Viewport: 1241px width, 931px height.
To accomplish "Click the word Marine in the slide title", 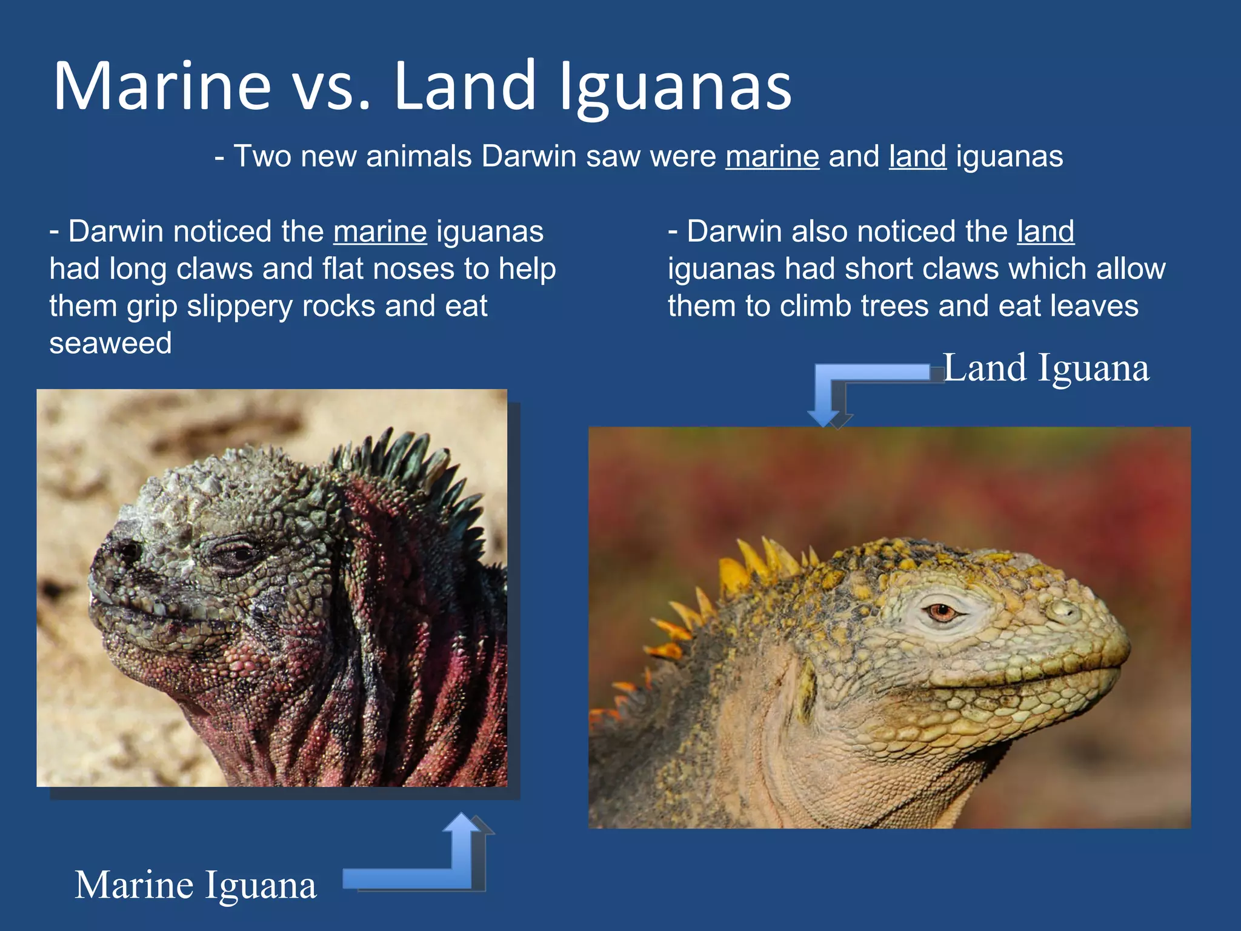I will pyautogui.click(x=162, y=86).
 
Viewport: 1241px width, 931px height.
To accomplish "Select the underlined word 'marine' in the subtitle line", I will pyautogui.click(x=772, y=156).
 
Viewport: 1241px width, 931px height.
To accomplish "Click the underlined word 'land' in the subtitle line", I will pyautogui.click(x=917, y=156).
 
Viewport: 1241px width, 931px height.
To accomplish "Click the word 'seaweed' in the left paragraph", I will pyautogui.click(x=111, y=344).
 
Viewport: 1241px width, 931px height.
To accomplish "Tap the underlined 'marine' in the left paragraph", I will pyautogui.click(x=380, y=232).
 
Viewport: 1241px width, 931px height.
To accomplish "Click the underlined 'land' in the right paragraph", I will pyautogui.click(x=1045, y=232).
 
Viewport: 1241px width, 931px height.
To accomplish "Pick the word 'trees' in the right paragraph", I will pyautogui.click(x=894, y=306).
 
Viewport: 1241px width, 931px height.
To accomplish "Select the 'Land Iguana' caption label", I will pyautogui.click(x=1046, y=368).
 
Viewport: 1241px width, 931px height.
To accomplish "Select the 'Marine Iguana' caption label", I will pyautogui.click(x=195, y=886).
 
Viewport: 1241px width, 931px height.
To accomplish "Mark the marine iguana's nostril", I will pyautogui.click(x=129, y=550).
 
